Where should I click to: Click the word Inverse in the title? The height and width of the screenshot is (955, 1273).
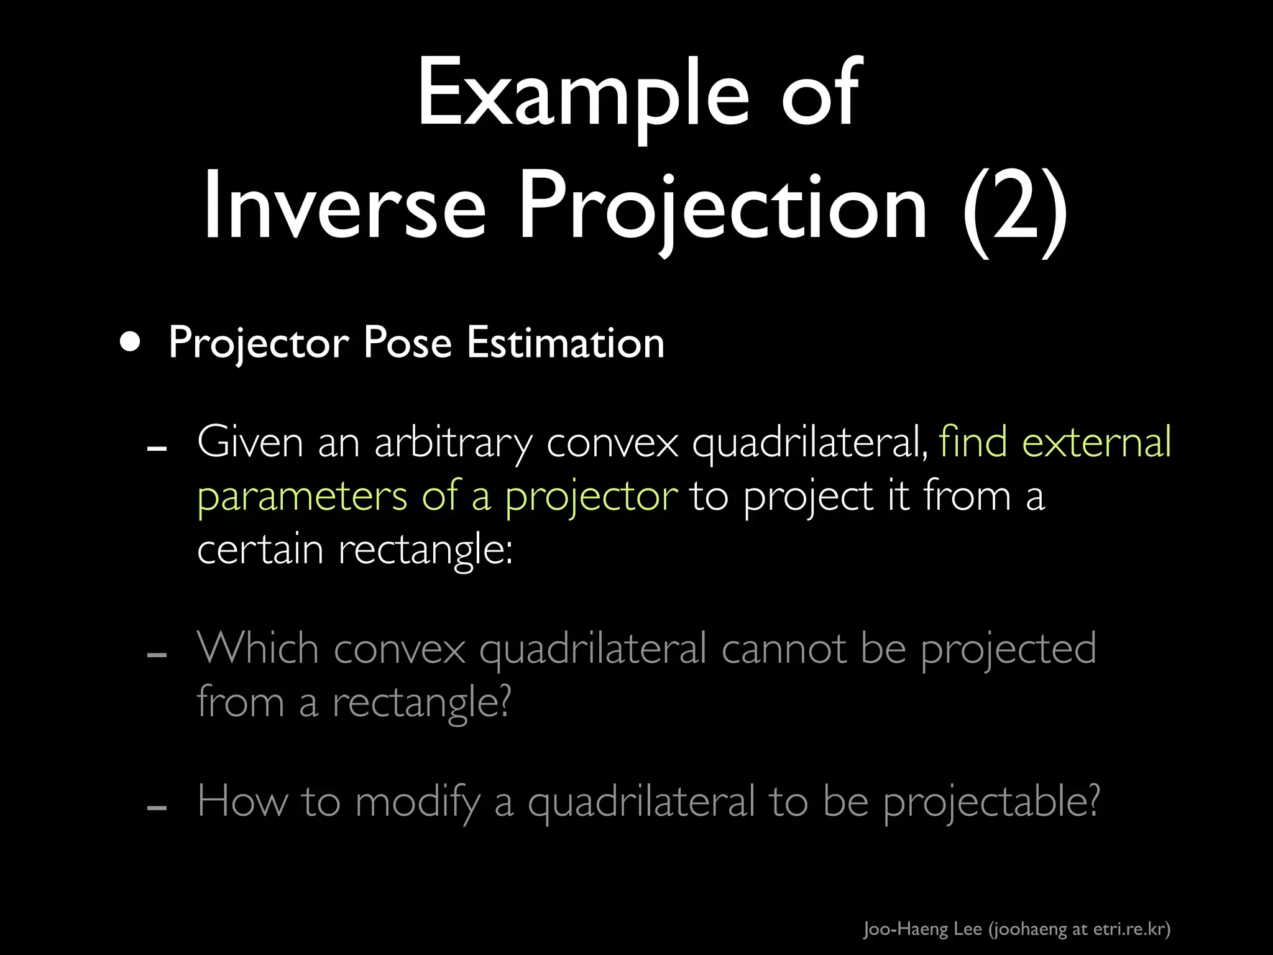[344, 206]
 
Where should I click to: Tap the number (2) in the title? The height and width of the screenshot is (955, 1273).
[1015, 208]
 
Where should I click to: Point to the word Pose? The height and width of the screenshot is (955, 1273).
[407, 343]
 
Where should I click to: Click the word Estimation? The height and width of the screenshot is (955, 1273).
[566, 343]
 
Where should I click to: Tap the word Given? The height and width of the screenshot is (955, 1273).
[250, 443]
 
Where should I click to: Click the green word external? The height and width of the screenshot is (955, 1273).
[1097, 442]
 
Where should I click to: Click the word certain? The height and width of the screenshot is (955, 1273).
[260, 550]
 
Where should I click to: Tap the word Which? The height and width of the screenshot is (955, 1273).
[258, 648]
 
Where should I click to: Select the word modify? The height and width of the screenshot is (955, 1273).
[418, 802]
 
